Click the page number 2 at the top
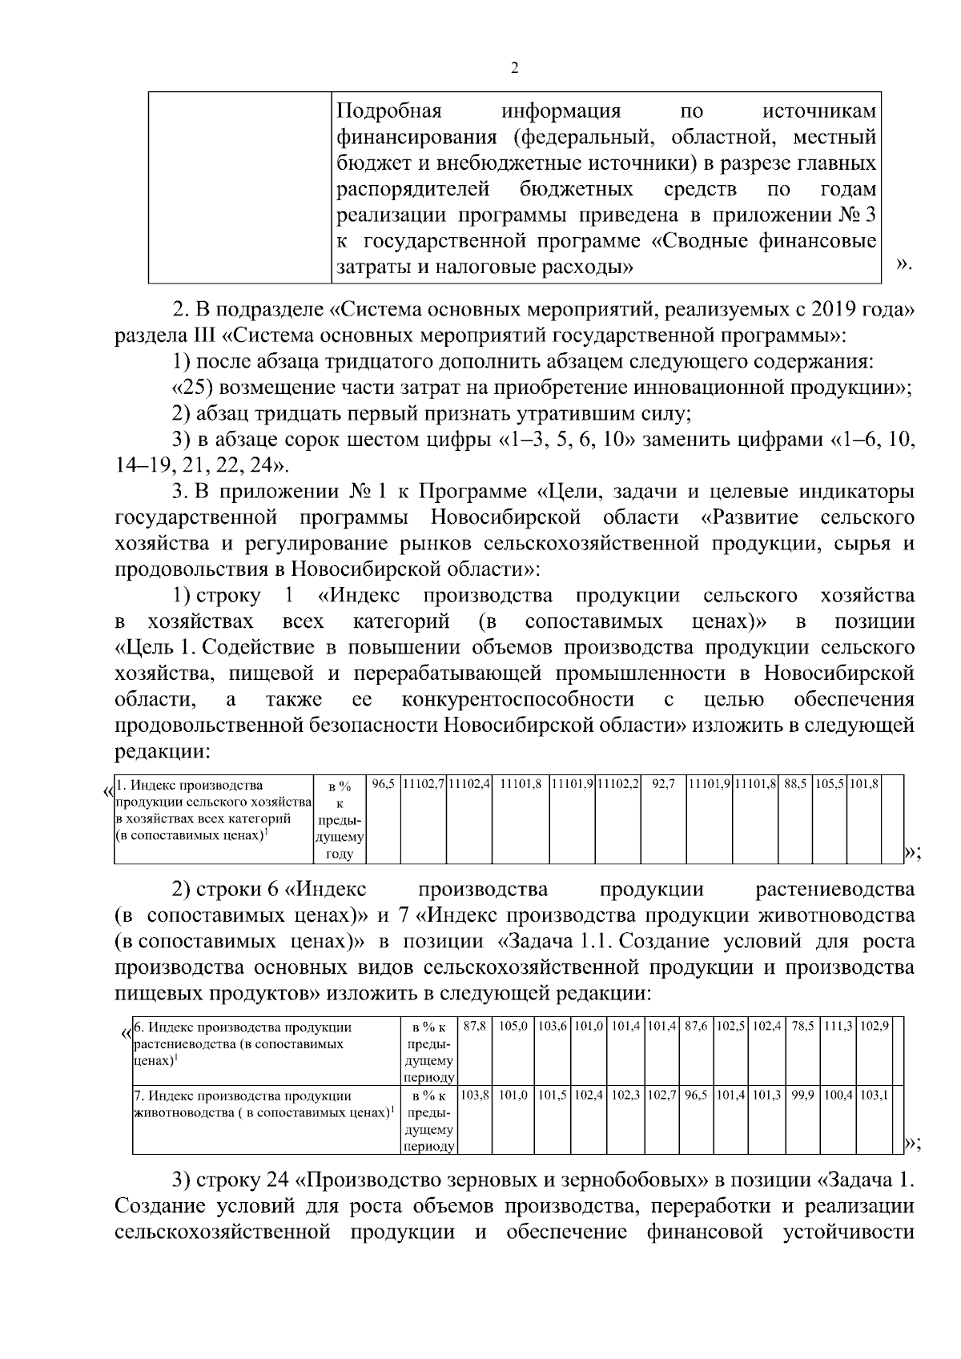pyautogui.click(x=514, y=68)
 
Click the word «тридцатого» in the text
pyautogui.click(x=377, y=361)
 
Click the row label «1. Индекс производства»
pyautogui.click(x=190, y=786)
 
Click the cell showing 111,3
pyautogui.click(x=840, y=1027)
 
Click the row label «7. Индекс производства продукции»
pyautogui.click(x=243, y=1095)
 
